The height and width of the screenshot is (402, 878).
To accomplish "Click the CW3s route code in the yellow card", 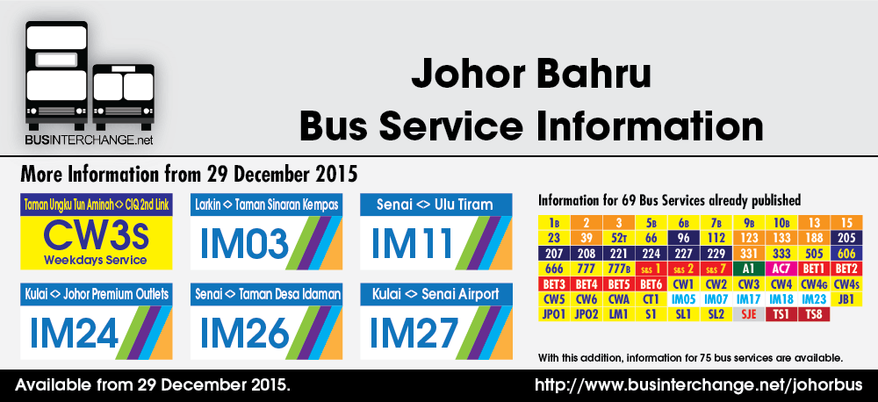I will click(97, 235).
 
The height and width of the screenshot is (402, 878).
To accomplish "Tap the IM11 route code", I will click(412, 243).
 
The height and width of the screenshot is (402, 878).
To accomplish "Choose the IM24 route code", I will click(74, 333).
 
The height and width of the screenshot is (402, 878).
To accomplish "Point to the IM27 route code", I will click(412, 333).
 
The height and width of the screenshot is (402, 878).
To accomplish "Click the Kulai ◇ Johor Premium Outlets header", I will click(97, 294).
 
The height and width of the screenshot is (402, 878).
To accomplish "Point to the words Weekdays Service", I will click(97, 261).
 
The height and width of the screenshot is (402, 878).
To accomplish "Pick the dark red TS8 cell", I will click(814, 313).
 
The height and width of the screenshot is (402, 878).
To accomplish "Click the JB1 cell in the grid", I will click(846, 298).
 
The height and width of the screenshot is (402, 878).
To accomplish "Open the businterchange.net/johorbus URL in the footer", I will click(698, 386).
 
